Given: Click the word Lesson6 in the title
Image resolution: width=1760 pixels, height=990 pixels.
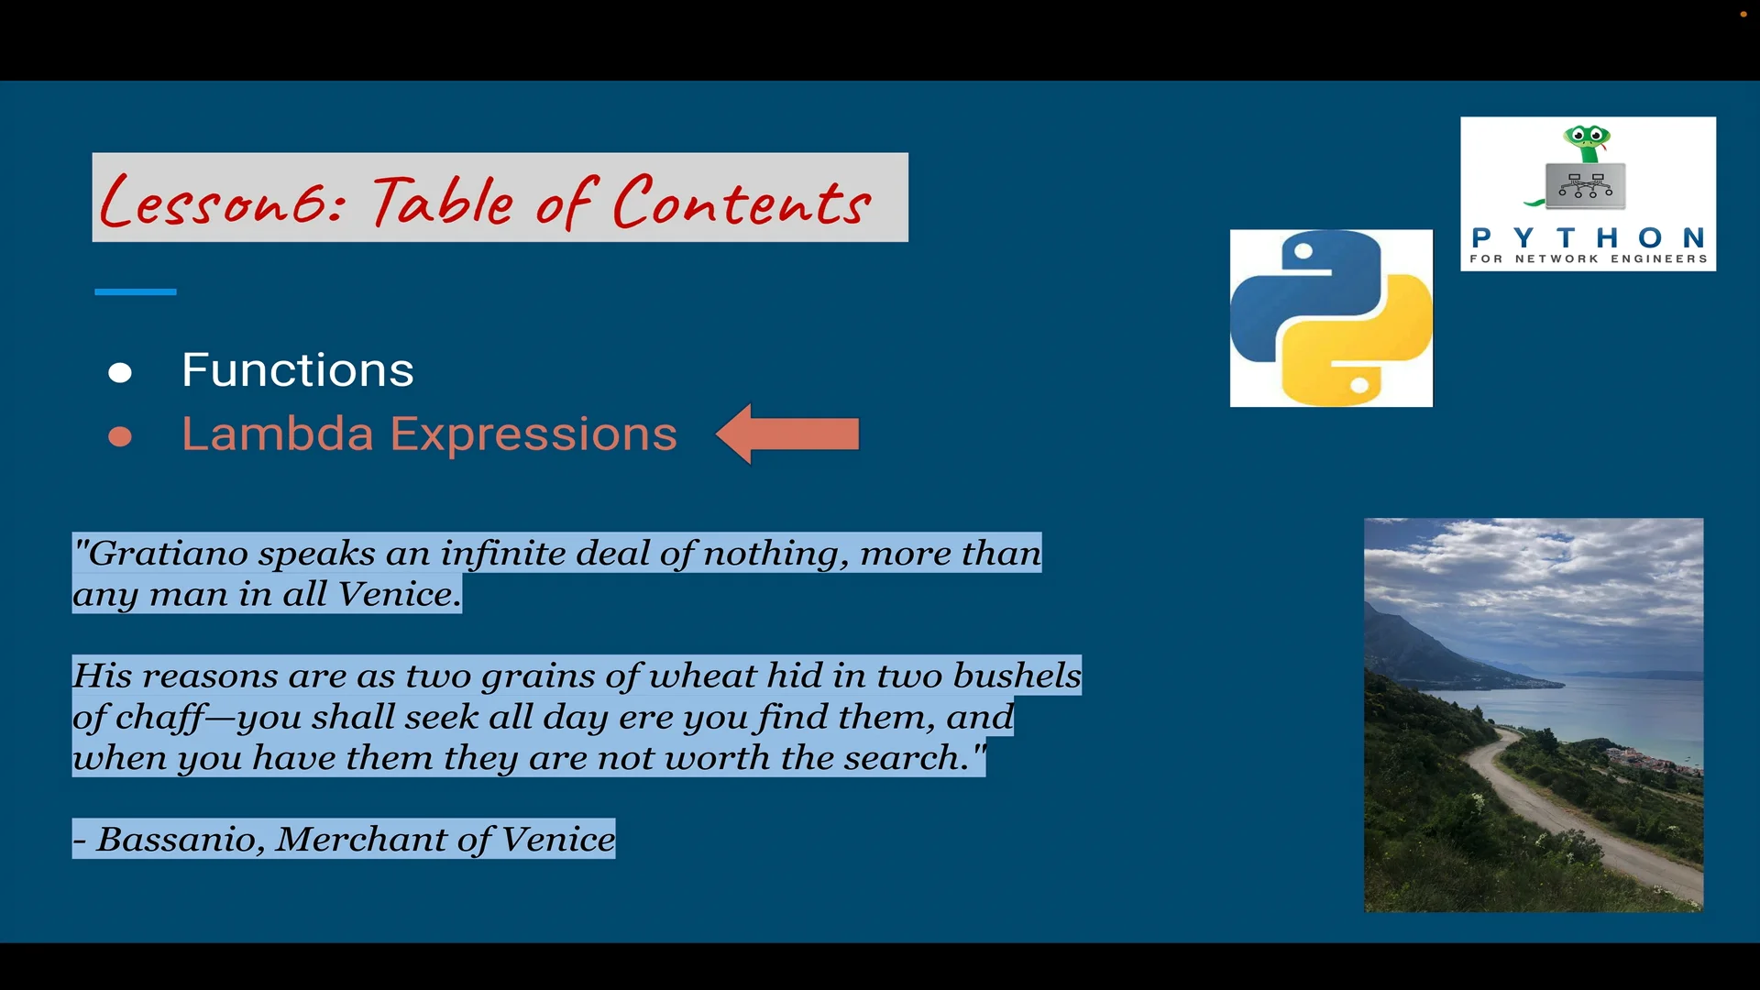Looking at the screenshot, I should coord(220,202).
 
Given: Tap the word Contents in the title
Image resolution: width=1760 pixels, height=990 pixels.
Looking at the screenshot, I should coord(741,202).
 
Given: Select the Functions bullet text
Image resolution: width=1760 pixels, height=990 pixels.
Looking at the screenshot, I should coord(297,370).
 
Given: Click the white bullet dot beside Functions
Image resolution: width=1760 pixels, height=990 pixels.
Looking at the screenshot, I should coord(120,373).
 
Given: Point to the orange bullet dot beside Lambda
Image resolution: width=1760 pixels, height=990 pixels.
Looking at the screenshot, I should coord(120,437).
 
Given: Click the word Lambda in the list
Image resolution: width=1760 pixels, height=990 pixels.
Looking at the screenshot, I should coord(277,434).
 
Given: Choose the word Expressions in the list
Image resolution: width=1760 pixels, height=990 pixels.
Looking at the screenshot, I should coord(533,434).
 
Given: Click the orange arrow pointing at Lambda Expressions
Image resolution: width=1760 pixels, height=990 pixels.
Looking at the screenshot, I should coord(788,434).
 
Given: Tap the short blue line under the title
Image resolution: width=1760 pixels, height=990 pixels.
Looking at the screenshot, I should coord(135,291).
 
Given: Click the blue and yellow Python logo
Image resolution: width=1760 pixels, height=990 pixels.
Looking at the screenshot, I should coord(1331,318).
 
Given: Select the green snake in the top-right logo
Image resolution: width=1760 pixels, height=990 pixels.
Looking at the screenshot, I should coord(1588,142).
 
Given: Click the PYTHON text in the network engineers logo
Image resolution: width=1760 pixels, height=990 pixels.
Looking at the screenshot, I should coord(1588,238).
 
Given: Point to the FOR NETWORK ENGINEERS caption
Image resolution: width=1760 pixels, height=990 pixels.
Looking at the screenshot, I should coord(1588,259).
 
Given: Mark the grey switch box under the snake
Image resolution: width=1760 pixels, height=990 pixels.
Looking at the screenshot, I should coord(1586,185).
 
